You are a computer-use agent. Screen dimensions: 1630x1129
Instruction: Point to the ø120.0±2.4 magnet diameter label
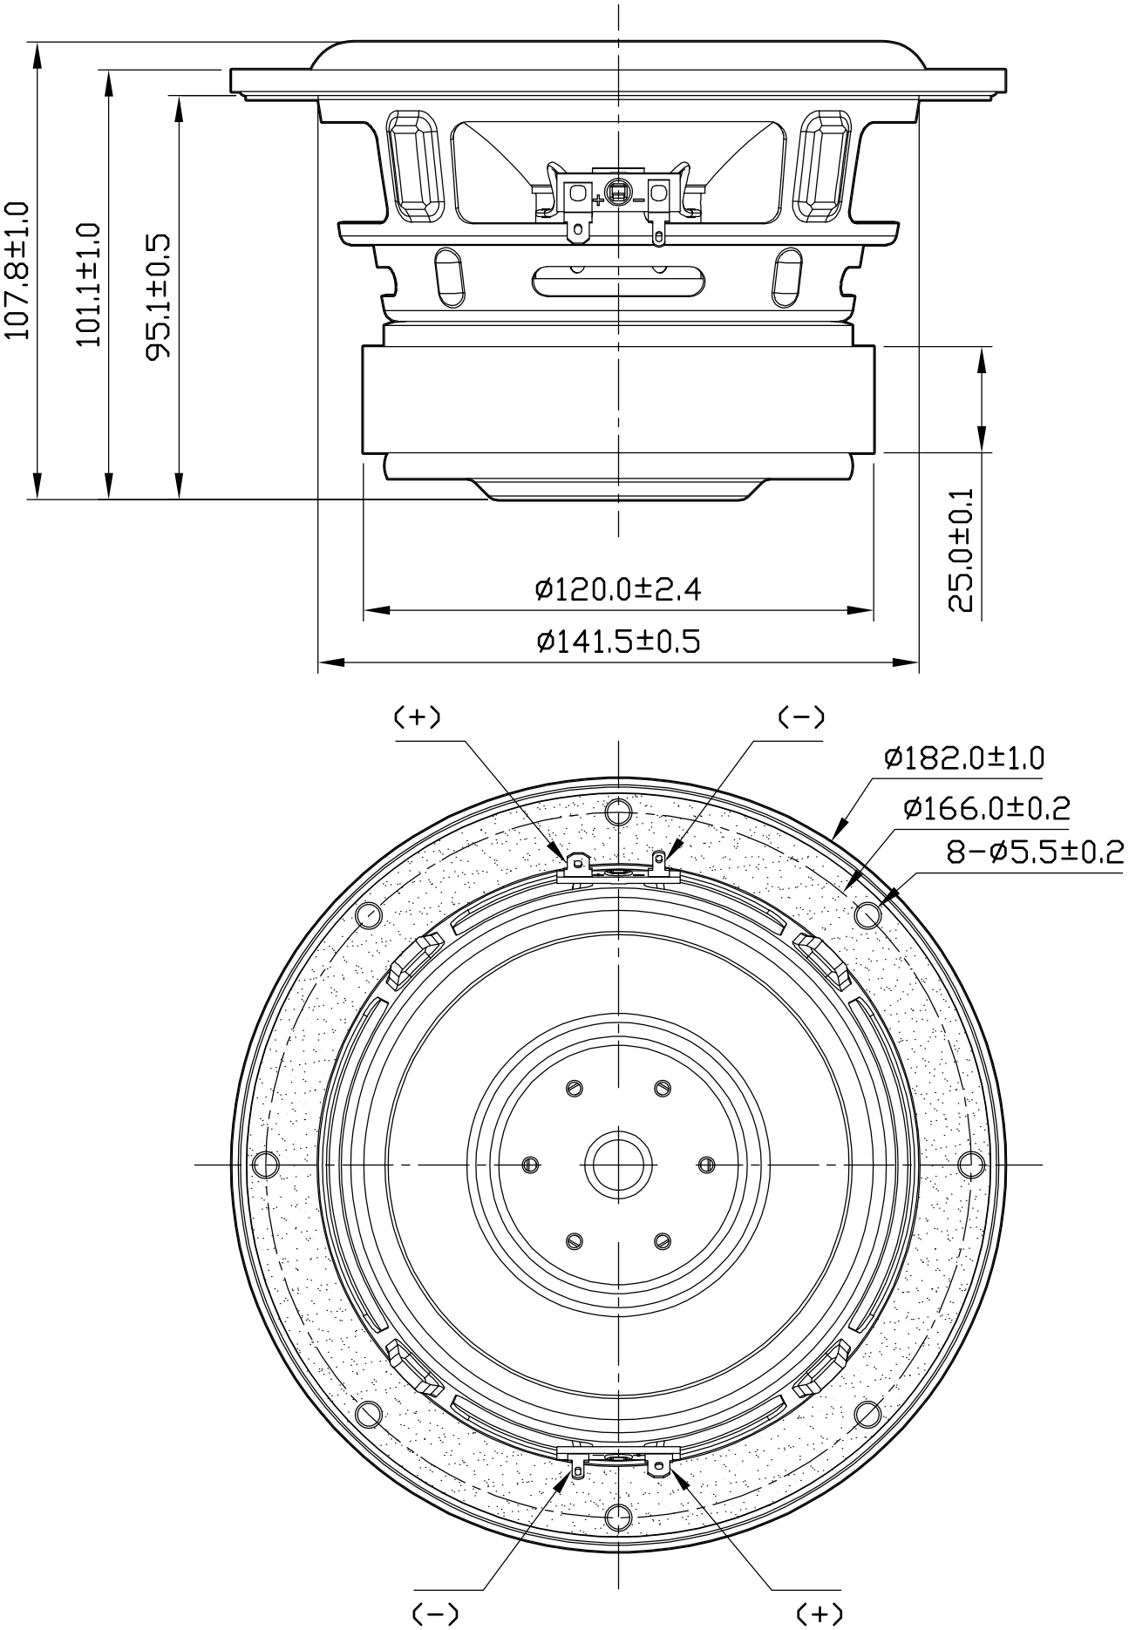(x=617, y=590)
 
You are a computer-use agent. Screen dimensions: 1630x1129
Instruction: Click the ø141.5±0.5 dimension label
(x=617, y=642)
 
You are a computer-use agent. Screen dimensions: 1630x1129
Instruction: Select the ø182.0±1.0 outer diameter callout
(x=963, y=757)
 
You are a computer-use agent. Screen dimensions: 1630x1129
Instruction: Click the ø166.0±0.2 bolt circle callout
(x=986, y=807)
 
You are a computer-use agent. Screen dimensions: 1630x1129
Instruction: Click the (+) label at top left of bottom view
(x=417, y=717)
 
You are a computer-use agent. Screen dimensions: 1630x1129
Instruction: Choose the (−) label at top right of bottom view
(x=800, y=717)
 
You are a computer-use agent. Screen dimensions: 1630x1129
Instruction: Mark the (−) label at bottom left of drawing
(x=434, y=1613)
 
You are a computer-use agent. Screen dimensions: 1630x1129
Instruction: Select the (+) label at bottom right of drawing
(x=819, y=1613)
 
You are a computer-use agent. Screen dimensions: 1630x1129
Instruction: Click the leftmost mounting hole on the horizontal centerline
(x=265, y=1164)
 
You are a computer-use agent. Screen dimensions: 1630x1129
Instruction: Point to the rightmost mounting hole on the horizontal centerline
(x=970, y=1164)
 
